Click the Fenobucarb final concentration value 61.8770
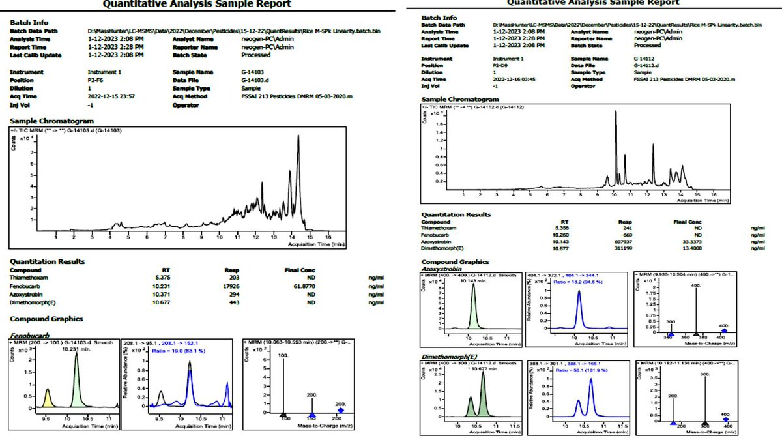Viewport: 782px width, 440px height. (299, 286)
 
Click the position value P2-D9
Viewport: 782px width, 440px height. (501, 65)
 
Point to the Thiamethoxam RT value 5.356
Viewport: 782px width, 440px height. (569, 229)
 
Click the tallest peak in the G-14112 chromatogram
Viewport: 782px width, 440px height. (615, 114)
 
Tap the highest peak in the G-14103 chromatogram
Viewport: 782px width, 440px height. (298, 137)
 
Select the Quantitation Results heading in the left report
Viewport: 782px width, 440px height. (47, 261)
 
